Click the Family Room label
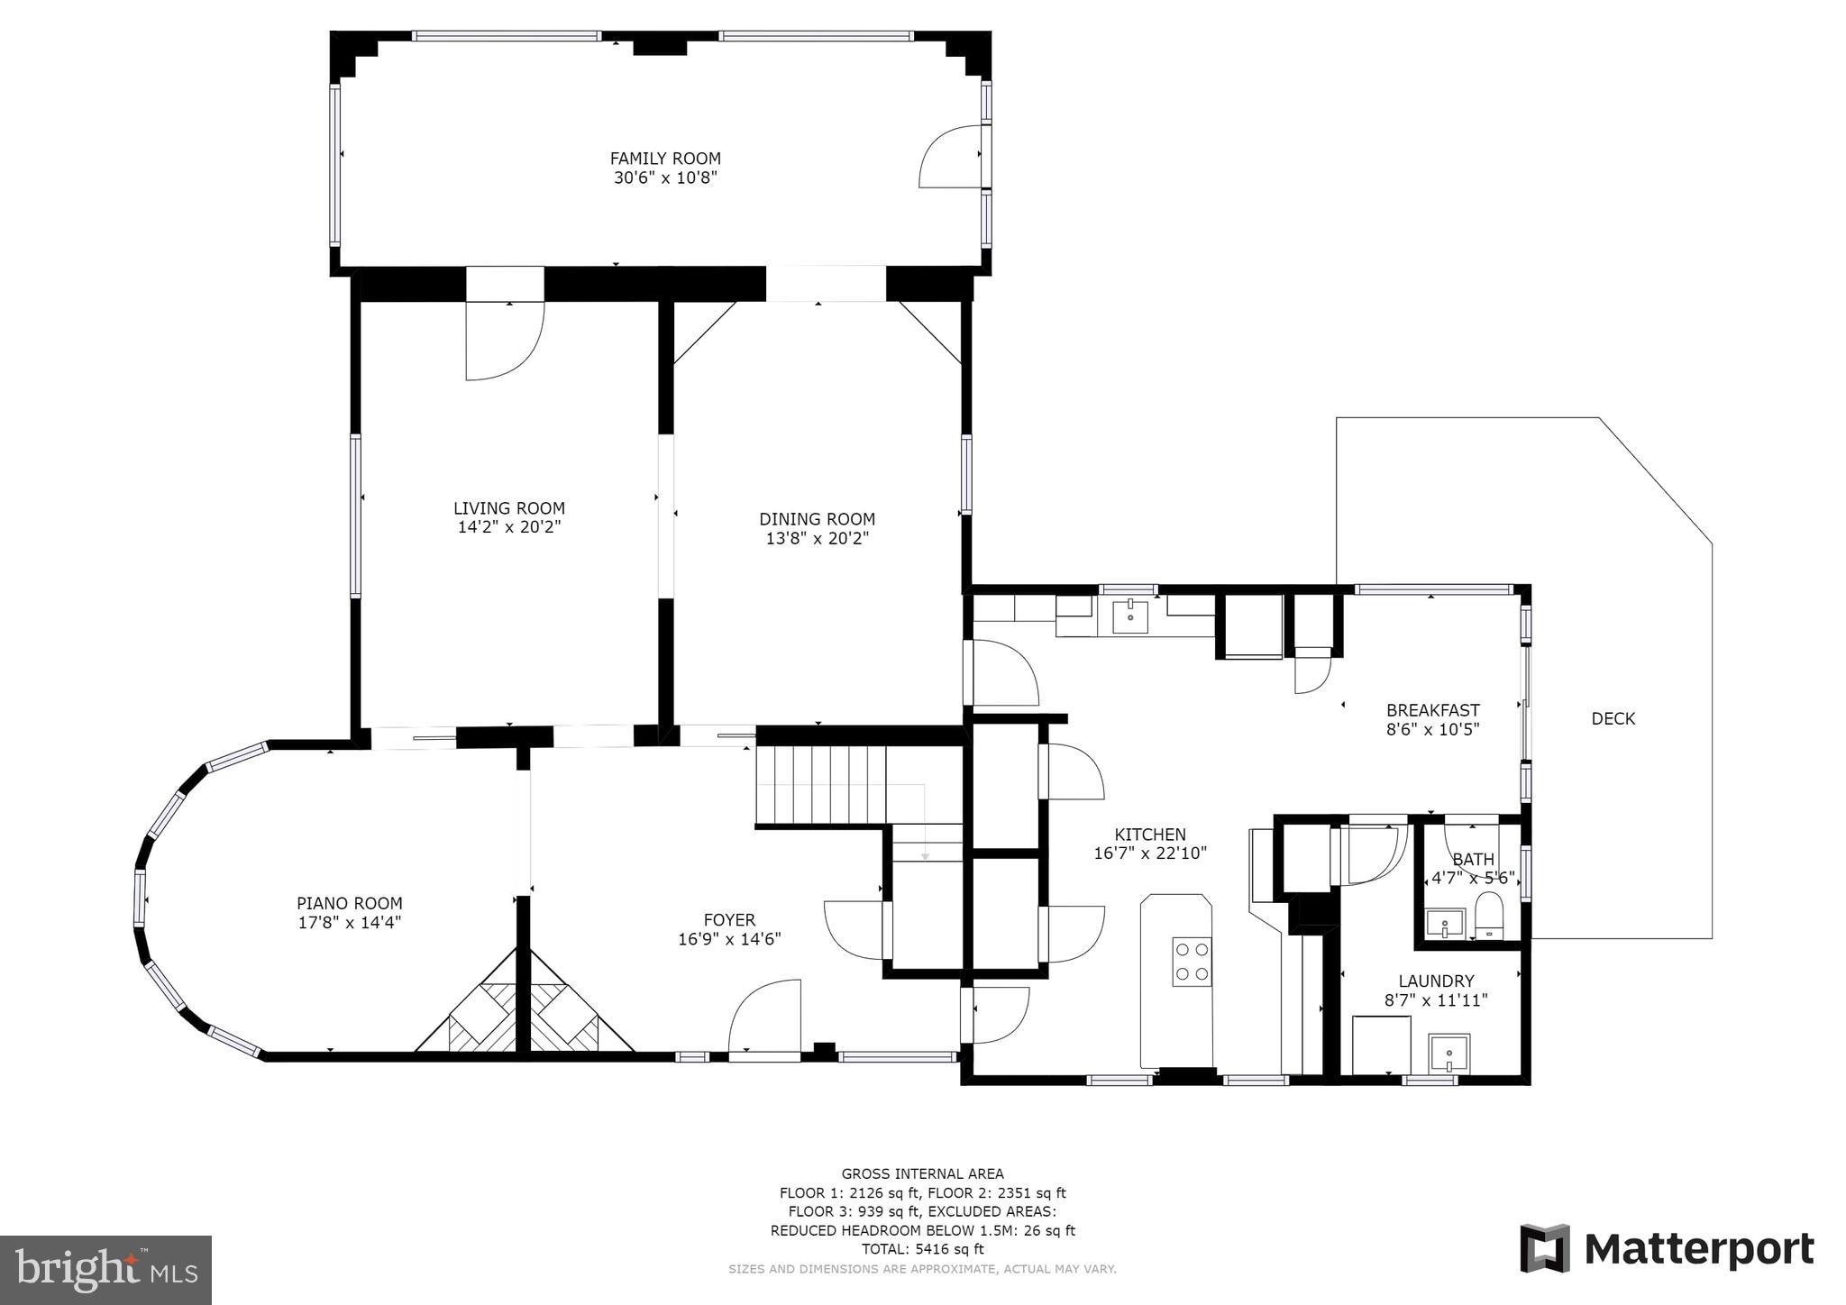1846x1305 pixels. pyautogui.click(x=665, y=159)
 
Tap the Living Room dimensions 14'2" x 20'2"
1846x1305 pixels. pyautogui.click(x=509, y=527)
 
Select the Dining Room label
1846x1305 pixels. pyautogui.click(x=817, y=519)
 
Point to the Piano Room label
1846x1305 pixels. pyautogui.click(x=350, y=903)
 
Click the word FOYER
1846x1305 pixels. pyautogui.click(x=729, y=920)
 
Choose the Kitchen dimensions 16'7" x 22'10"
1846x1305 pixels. pyautogui.click(x=1150, y=853)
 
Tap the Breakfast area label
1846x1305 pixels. pyautogui.click(x=1432, y=710)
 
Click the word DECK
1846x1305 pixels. pyautogui.click(x=1613, y=718)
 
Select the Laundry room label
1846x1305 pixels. pyautogui.click(x=1436, y=981)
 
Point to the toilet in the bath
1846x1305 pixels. pyautogui.click(x=1489, y=918)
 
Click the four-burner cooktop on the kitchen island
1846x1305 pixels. pyautogui.click(x=1192, y=961)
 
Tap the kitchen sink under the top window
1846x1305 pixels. pyautogui.click(x=1130, y=617)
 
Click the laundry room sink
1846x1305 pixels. pyautogui.click(x=1448, y=1052)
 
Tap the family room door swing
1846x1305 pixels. pyautogui.click(x=950, y=158)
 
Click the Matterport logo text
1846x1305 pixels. pyautogui.click(x=1698, y=1249)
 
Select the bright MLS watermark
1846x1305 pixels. pyautogui.click(x=105, y=1270)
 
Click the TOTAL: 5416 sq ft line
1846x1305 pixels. pyautogui.click(x=922, y=1249)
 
